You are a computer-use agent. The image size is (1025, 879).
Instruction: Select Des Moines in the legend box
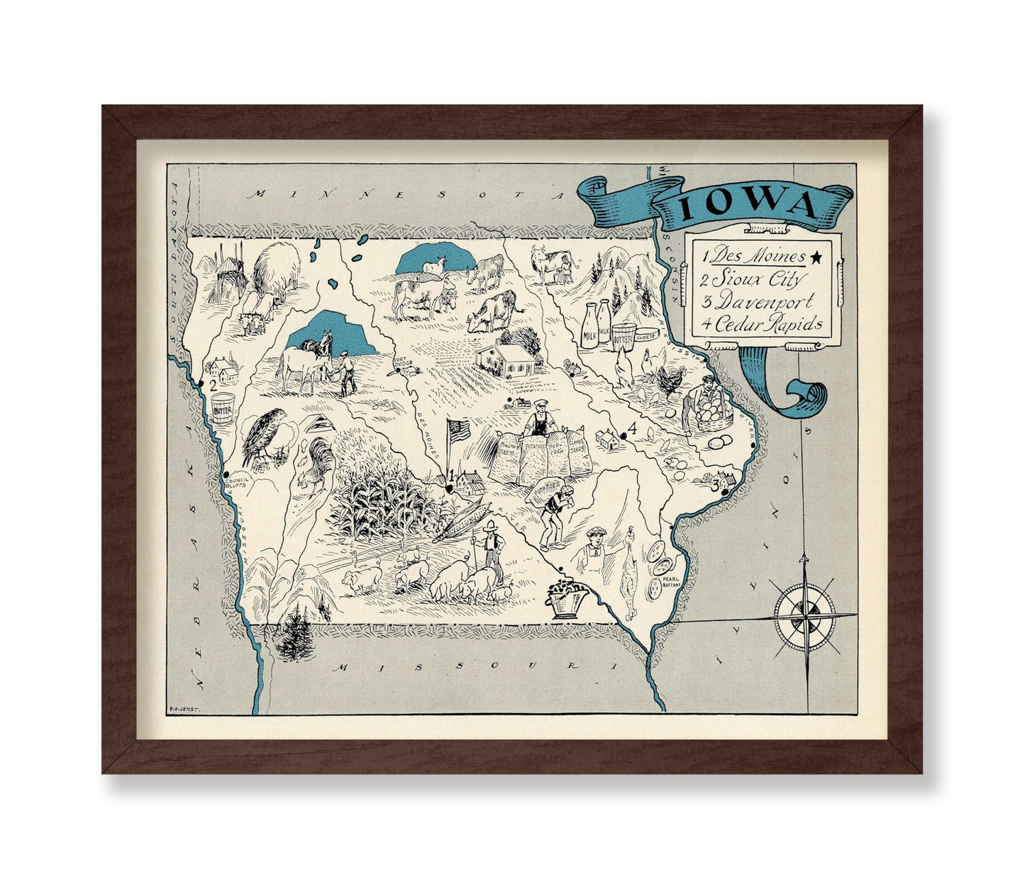click(759, 256)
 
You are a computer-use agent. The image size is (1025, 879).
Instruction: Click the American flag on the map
click(458, 430)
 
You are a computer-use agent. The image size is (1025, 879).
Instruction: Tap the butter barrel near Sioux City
click(223, 408)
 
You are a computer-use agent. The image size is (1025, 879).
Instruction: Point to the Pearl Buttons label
click(670, 582)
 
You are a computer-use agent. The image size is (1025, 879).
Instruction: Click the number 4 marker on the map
click(632, 429)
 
